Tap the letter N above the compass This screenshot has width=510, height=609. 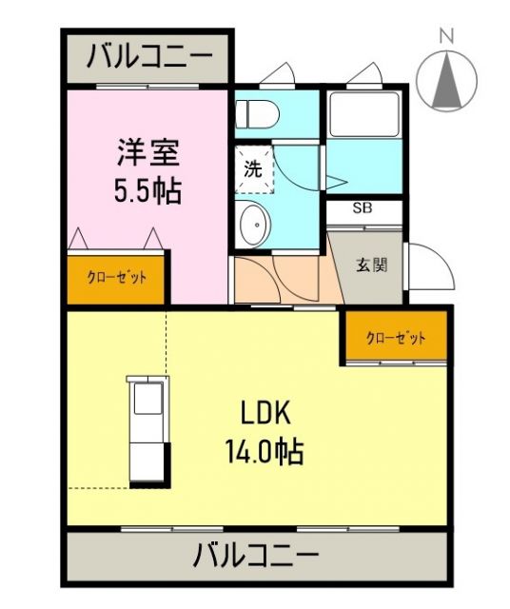point(445,34)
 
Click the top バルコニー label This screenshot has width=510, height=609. point(147,59)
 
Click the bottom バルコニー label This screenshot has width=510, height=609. point(256,554)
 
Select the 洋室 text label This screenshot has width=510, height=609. point(147,152)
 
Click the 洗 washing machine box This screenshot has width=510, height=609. point(253,171)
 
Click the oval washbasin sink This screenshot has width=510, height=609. point(254,225)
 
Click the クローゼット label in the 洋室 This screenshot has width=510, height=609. point(117,278)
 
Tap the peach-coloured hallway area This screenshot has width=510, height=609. point(281,281)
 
